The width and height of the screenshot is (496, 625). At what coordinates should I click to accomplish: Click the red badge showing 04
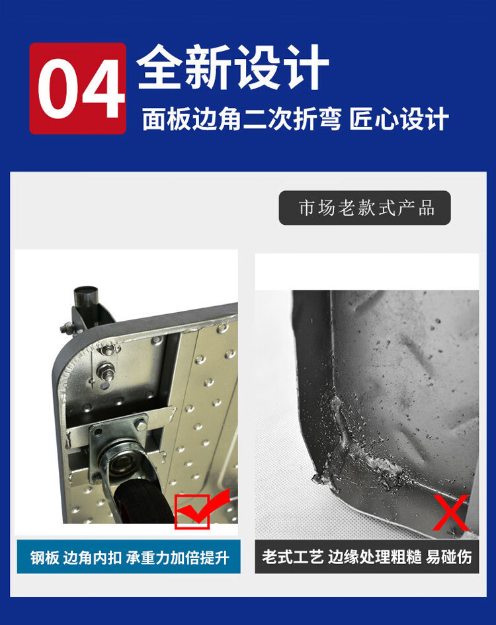78,89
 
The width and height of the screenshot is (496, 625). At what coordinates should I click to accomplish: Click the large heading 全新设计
233,67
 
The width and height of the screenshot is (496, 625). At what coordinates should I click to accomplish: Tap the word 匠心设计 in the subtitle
399,119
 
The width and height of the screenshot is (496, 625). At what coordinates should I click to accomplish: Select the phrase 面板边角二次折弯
241,119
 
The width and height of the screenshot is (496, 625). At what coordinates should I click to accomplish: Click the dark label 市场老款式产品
365,208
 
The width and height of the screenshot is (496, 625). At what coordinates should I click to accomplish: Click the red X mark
450,513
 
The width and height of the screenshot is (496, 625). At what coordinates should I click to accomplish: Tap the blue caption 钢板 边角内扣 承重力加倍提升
129,557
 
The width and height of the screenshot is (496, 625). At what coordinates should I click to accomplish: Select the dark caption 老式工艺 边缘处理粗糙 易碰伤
367,557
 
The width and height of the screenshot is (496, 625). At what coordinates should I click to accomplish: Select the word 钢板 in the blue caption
45,558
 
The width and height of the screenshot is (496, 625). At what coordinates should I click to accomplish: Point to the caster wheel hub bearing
121,462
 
